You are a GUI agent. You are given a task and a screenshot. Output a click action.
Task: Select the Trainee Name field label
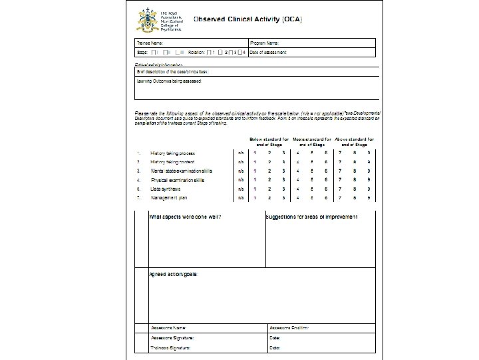click(150, 43)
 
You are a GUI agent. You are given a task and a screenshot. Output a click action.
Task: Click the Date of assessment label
click(269, 51)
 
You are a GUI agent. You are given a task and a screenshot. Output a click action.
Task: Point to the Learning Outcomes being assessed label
click(168, 81)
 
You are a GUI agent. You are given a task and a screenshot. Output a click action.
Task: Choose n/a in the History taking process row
click(241, 153)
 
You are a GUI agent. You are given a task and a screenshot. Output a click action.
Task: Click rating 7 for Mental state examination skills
click(341, 171)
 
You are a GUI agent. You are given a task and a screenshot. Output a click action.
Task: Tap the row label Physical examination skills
click(178, 180)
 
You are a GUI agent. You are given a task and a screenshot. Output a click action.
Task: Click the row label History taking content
click(173, 162)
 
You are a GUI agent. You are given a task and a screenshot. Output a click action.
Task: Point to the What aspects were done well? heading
click(185, 217)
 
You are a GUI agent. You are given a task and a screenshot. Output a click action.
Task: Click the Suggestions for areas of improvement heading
click(311, 217)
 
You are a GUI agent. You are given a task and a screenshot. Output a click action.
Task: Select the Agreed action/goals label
click(173, 274)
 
